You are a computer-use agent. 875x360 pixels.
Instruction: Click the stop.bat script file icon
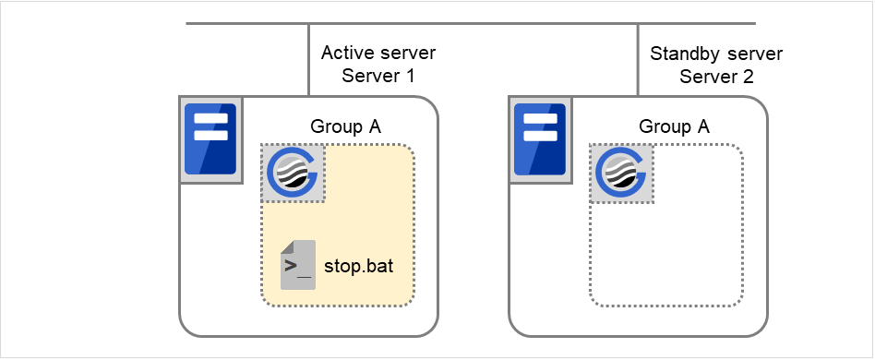pos(298,265)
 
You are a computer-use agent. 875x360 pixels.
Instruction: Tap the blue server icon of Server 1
pos(210,138)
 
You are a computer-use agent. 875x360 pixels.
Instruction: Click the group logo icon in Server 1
pos(293,173)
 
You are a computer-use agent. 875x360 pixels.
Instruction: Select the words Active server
pos(378,54)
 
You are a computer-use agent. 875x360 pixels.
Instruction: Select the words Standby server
pos(716,54)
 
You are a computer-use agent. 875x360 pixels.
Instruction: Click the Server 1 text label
pos(378,77)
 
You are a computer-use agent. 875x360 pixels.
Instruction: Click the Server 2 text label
pos(716,77)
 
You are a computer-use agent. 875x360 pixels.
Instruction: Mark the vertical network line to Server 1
pos(309,60)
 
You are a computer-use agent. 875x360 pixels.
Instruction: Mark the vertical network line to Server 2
pos(639,60)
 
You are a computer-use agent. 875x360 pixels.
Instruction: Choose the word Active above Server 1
pos(348,54)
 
